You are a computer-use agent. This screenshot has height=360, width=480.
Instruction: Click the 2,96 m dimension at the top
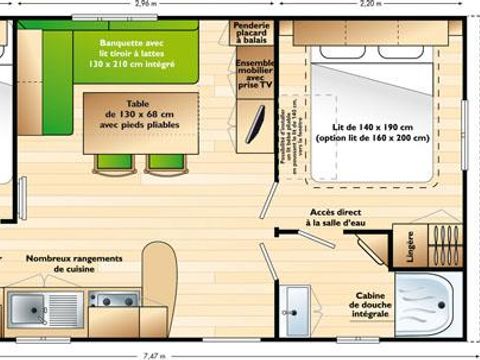coord(147,5)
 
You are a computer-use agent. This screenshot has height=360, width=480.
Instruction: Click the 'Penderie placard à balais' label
coord(252,35)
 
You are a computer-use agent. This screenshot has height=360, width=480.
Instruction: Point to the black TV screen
coord(255,123)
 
